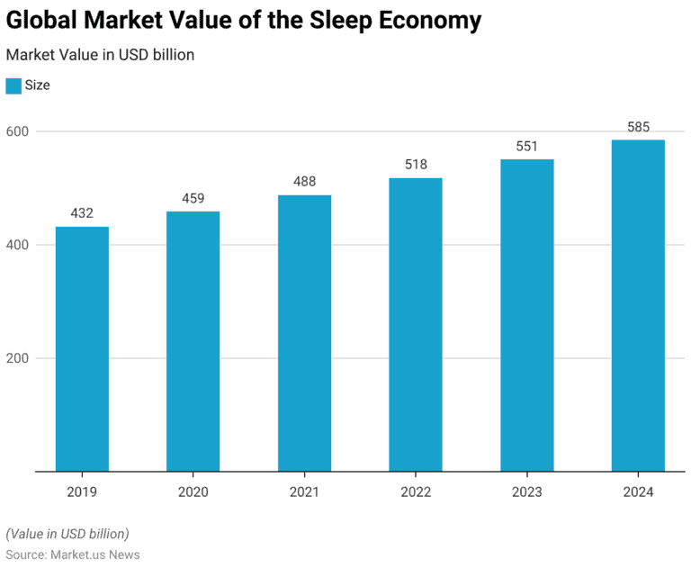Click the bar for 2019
tap(82, 349)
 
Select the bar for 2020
tap(193, 341)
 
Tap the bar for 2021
tap(304, 333)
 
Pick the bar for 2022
tap(416, 324)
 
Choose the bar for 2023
tap(526, 315)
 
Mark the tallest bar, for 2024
tap(638, 305)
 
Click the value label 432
tap(82, 213)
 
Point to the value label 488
tap(304, 182)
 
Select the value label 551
tap(526, 146)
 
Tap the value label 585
tap(638, 127)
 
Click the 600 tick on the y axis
tap(18, 131)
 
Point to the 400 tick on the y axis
tap(18, 245)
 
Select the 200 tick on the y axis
tap(18, 358)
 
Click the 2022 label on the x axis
tap(416, 491)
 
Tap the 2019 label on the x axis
tap(82, 491)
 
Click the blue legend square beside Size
tap(13, 86)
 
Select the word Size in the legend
tap(38, 86)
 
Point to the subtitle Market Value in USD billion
tap(100, 54)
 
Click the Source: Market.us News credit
tap(73, 554)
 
